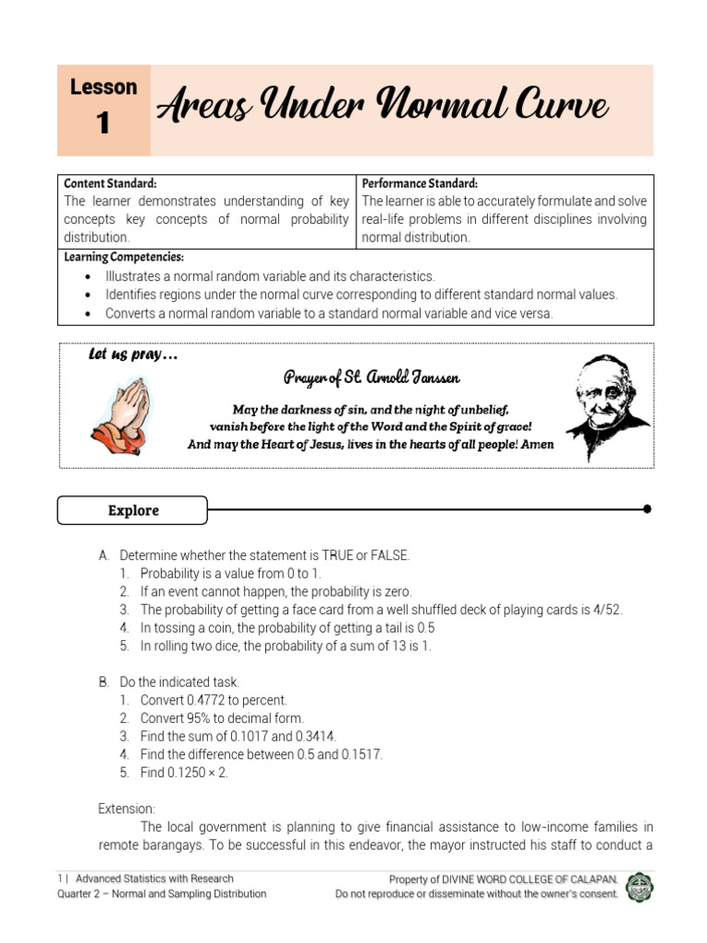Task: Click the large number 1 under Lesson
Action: point(103,123)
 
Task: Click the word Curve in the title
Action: point(562,109)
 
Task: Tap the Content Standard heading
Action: point(110,183)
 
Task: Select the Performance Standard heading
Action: point(420,183)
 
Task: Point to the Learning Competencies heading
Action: point(123,257)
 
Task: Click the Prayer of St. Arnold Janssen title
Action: point(371,378)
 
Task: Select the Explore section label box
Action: point(133,510)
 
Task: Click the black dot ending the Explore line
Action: point(647,508)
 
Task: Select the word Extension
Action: point(127,809)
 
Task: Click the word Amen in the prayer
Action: point(532,444)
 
